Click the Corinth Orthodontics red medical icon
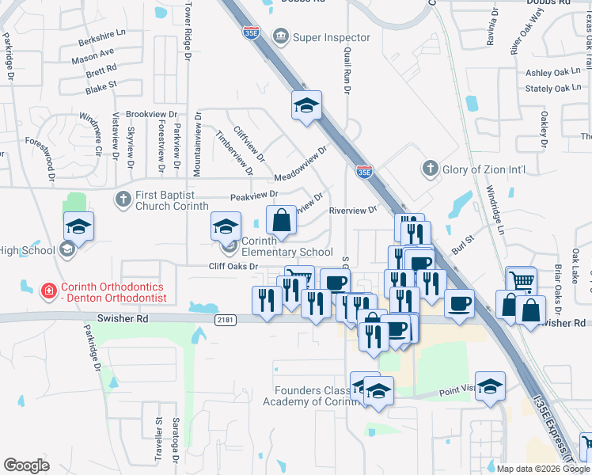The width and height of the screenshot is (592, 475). click(x=49, y=291)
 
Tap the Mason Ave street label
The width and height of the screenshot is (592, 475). click(x=93, y=55)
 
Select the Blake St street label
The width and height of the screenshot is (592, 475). click(x=101, y=86)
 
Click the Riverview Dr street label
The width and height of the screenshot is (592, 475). click(x=352, y=211)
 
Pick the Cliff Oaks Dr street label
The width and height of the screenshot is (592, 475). click(x=233, y=267)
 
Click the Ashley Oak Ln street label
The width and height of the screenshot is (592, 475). click(x=553, y=72)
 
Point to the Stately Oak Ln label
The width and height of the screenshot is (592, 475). click(x=553, y=89)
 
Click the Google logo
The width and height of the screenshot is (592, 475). click(x=26, y=465)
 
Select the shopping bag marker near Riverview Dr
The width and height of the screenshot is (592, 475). click(x=281, y=221)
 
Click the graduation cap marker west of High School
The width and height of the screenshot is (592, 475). click(x=78, y=226)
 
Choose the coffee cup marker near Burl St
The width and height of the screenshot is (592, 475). click(x=459, y=303)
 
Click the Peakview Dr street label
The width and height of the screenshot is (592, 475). click(x=254, y=195)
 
